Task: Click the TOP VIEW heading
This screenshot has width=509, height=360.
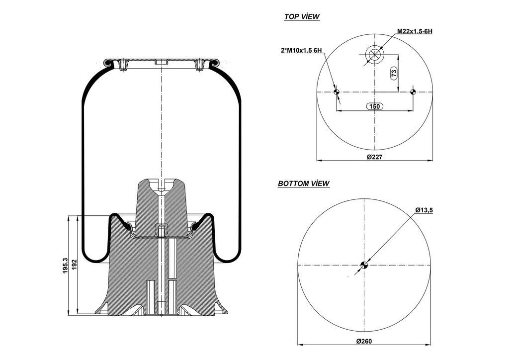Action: tap(302, 17)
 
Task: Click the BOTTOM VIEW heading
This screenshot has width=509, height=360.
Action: tap(303, 183)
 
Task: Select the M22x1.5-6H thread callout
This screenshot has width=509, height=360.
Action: tap(415, 31)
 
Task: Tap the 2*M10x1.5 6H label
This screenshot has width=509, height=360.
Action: tap(301, 50)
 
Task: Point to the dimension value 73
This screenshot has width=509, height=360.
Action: tap(394, 74)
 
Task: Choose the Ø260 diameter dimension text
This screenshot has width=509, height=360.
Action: tap(364, 341)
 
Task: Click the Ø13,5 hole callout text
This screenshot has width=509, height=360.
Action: tap(424, 210)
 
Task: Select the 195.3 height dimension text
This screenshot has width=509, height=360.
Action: tap(66, 266)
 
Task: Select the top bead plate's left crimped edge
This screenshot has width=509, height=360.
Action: tap(107, 63)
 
